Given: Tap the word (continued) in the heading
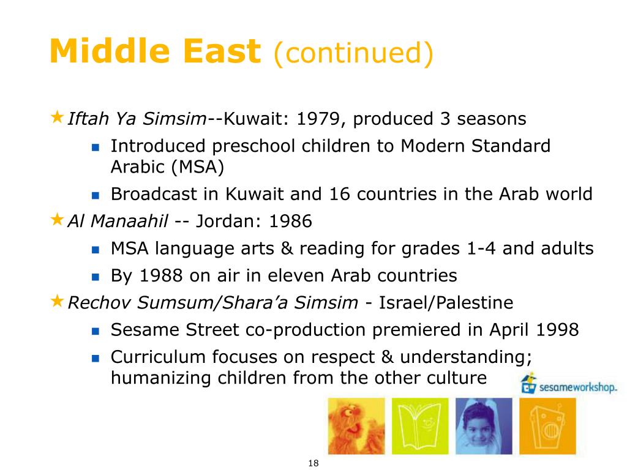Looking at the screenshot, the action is [353, 53].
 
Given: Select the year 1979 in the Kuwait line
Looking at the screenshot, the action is [318, 119].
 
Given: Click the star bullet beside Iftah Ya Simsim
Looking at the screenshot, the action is [57, 117].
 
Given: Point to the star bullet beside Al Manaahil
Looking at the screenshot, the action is [57, 219].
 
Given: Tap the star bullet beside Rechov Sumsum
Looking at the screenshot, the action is [57, 300].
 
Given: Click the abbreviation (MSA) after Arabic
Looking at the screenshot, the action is [198, 167].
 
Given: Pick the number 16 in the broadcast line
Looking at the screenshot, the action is [339, 194].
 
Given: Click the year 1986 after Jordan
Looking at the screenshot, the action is [290, 221].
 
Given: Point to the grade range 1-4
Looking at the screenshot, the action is [481, 248].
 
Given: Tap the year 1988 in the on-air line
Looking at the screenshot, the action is [161, 275].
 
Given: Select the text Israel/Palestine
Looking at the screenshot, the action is [446, 302].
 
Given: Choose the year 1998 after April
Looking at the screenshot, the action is [557, 330].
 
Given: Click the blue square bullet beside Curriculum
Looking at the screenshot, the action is [95, 358].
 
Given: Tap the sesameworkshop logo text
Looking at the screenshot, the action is [578, 387].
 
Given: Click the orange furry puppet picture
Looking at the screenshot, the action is [356, 426].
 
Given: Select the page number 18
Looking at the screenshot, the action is [313, 463].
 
